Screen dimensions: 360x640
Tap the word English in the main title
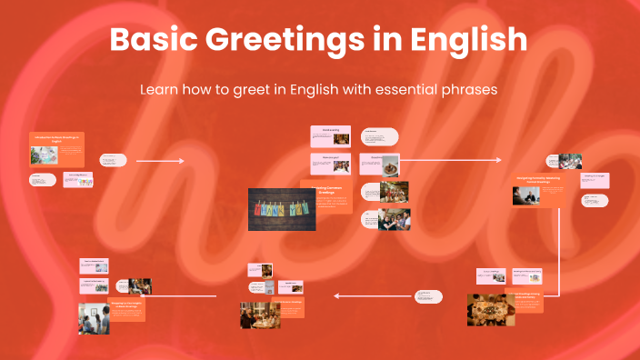pyautogui.click(x=470, y=41)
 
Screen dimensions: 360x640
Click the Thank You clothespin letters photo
pyautogui.click(x=282, y=209)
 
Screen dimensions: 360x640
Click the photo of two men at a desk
pyautogui.click(x=525, y=195)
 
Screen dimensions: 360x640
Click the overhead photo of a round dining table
pyautogui.click(x=492, y=310)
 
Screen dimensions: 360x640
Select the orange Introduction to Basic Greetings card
pyautogui.click(x=56, y=145)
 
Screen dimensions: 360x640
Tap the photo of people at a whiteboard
pyautogui.click(x=93, y=317)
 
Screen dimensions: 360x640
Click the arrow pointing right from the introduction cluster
pyautogui.click(x=159, y=161)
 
